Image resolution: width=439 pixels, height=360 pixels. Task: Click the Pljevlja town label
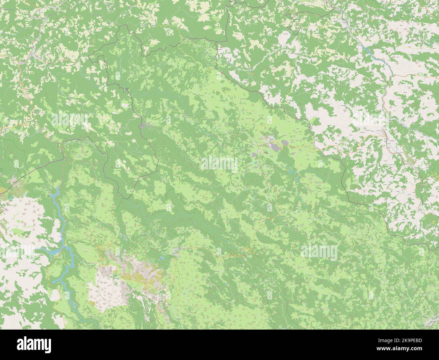coord(271,139)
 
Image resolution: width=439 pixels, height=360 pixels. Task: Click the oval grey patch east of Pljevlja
coord(285,143)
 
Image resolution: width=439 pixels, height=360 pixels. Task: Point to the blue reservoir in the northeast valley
coord(366,49)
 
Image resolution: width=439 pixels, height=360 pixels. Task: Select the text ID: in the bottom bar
coord(404,343)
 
